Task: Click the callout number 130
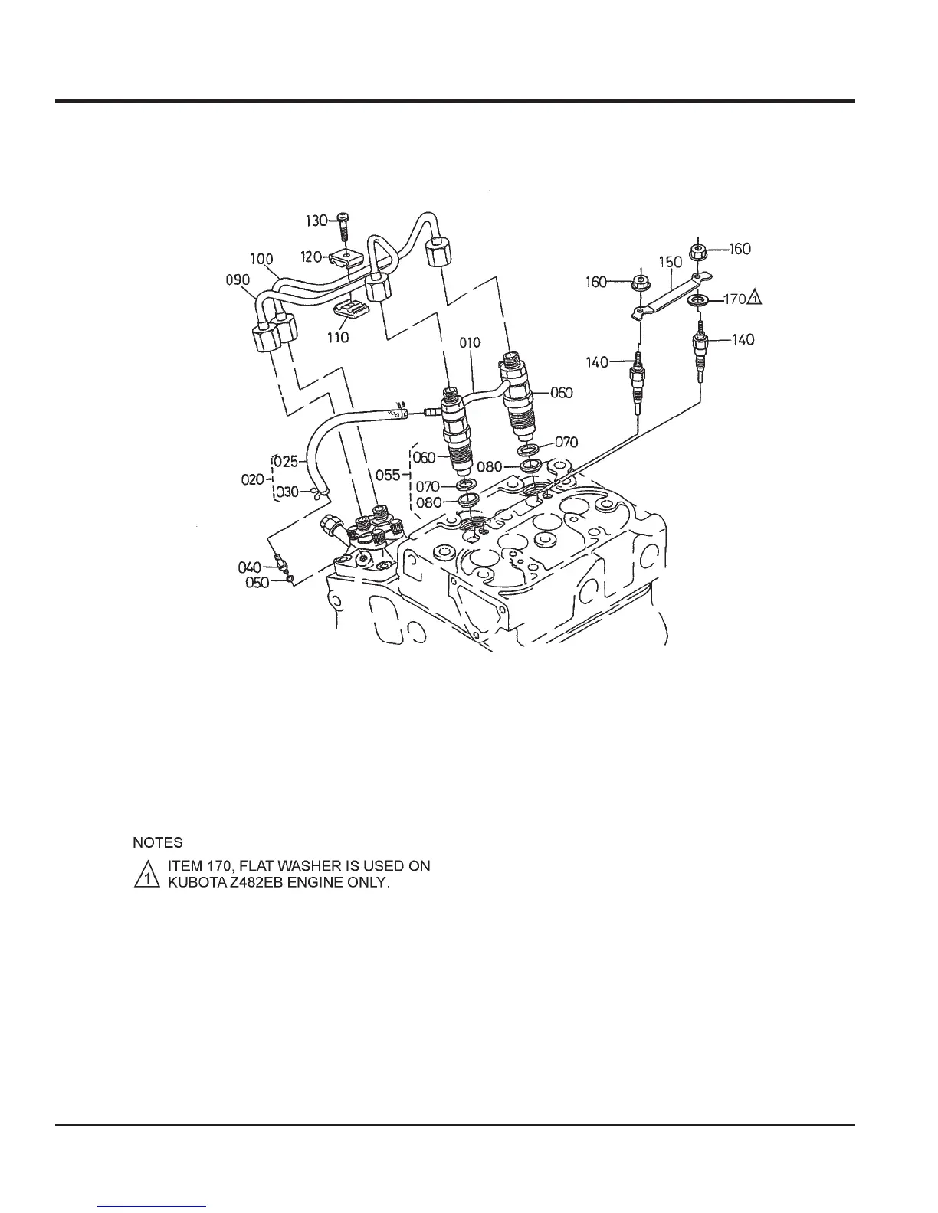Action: coord(316,221)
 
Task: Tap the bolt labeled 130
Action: coord(343,225)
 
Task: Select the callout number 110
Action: coord(338,337)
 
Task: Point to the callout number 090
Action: coord(237,280)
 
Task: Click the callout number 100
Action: coord(261,260)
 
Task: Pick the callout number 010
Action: coord(470,342)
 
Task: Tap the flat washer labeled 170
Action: coord(697,299)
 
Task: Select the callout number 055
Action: coord(389,476)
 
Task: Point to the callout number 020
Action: coord(254,479)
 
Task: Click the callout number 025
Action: coord(287,462)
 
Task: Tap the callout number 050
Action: coord(257,583)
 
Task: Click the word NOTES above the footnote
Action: coord(158,843)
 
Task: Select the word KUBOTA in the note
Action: coord(194,882)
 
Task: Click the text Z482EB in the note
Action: coord(257,882)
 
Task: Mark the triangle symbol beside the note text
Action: coord(144,875)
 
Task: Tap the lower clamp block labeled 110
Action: coord(350,312)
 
